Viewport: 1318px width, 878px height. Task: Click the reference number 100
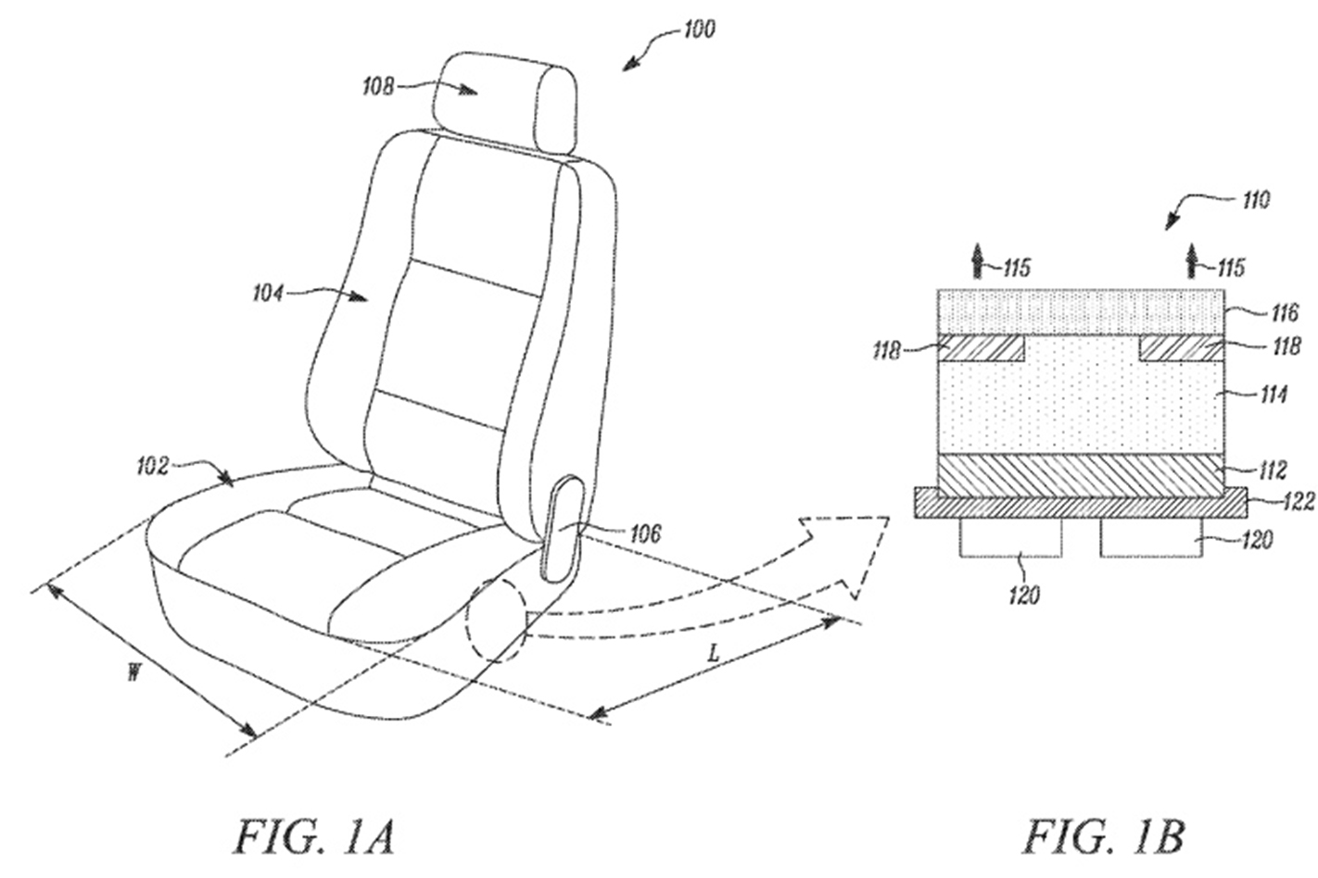(x=699, y=29)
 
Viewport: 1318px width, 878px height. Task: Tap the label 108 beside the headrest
(x=378, y=87)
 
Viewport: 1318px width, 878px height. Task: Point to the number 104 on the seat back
(x=268, y=293)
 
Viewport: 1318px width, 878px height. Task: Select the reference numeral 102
(x=152, y=467)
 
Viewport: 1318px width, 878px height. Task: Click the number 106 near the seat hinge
(x=644, y=533)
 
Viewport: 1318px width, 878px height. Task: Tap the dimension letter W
(x=133, y=673)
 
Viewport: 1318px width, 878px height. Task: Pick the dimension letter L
(x=713, y=653)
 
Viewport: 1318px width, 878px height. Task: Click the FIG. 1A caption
(x=315, y=837)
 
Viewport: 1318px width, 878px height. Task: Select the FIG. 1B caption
(x=1105, y=837)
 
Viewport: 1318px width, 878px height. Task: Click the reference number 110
(x=1255, y=201)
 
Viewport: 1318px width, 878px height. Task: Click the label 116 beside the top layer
(x=1284, y=312)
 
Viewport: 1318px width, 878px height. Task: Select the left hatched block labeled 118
(x=981, y=348)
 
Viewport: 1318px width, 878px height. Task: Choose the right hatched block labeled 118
(x=1182, y=348)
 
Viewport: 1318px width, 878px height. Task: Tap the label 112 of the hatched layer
(x=1271, y=470)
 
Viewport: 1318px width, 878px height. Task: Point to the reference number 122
(x=1298, y=502)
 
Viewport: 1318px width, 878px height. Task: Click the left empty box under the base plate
(x=1011, y=537)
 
